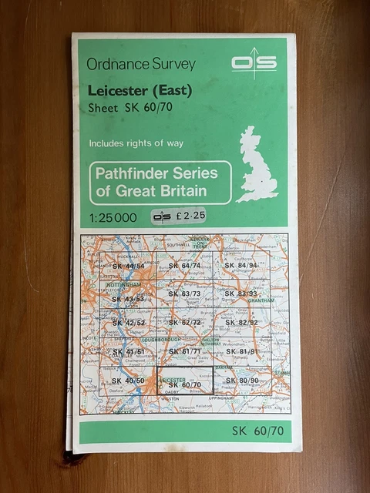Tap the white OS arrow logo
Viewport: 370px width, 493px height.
(x=254, y=62)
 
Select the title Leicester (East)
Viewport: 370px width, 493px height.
(x=140, y=90)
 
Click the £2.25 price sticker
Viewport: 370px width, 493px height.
(x=179, y=216)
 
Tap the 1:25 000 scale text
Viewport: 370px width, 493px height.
(x=113, y=216)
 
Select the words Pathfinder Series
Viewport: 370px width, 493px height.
(x=156, y=173)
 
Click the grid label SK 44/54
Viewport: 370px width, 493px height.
(x=128, y=267)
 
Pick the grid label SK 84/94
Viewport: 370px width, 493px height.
(x=240, y=266)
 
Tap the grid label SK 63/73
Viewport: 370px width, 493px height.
(x=184, y=293)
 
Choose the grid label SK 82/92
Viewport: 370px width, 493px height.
(x=242, y=322)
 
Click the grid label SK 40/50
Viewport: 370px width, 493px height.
(x=128, y=381)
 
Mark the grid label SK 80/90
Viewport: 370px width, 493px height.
(x=243, y=381)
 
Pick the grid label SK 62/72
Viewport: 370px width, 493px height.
(x=184, y=322)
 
